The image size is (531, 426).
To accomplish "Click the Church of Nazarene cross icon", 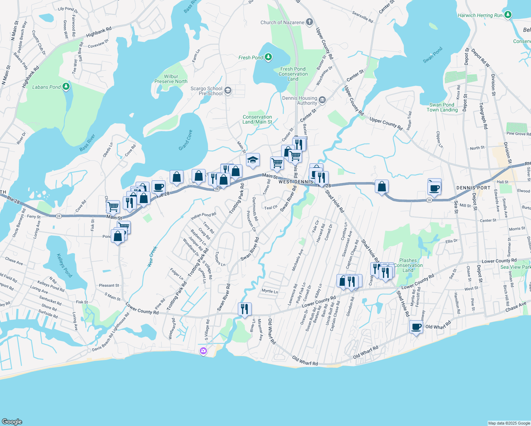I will pos(310,22).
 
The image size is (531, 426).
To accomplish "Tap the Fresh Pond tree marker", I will pos(269,57).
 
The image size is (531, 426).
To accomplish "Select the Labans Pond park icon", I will pos(66,87).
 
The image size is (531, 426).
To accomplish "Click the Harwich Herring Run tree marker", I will pos(508,15).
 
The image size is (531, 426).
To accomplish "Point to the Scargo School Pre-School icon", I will pos(228,91).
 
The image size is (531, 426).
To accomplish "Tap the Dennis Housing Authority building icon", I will pos(322,100).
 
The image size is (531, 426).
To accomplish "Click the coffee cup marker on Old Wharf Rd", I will pos(416,327).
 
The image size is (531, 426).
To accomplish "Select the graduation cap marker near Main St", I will pos(252,160).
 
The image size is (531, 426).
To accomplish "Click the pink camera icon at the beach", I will pos(203,351).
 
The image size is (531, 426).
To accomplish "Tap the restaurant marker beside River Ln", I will pos(244,309).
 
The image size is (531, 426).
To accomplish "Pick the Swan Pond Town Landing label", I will pos(442,107).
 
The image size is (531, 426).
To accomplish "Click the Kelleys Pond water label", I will pos(65,265).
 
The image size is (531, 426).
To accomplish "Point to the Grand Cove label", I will pos(185,140).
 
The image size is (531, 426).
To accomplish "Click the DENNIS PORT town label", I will pos(473,188).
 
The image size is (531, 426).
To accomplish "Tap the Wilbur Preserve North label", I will pos(171,79).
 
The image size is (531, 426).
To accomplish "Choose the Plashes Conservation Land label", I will pos(408,265).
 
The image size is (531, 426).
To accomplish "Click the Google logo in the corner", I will pos(12,422).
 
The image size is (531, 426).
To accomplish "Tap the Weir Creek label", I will pos(152,256).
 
